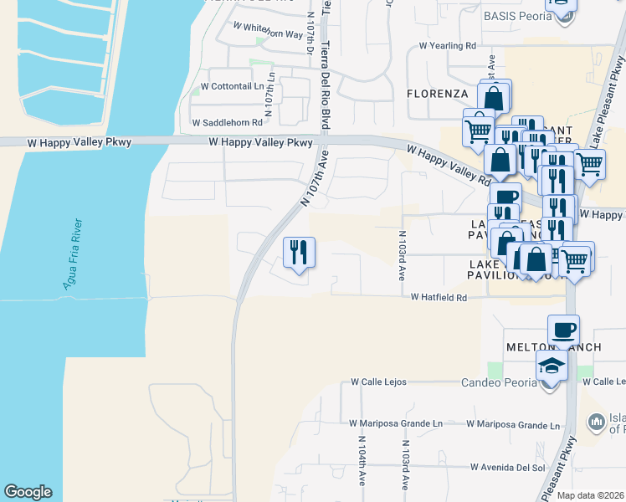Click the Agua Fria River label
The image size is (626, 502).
tap(73, 255)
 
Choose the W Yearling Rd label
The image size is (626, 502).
tap(447, 45)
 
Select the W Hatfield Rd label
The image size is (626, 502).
tap(438, 297)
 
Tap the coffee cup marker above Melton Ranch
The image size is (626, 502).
tap(563, 330)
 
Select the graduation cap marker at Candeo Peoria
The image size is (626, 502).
tap(552, 366)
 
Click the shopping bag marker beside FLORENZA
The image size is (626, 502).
tap(494, 97)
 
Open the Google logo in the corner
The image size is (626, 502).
tap(28, 492)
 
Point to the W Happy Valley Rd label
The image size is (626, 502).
tap(449, 163)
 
